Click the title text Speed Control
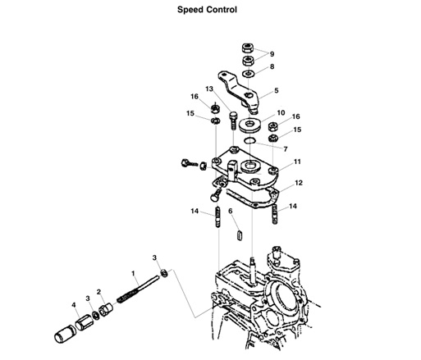click(x=208, y=11)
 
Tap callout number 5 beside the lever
click(x=276, y=90)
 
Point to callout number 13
click(x=208, y=89)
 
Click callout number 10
click(x=281, y=112)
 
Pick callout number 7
click(x=285, y=149)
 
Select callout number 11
click(x=297, y=162)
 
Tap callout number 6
click(x=231, y=211)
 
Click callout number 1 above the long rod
click(x=133, y=271)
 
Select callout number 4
click(x=74, y=305)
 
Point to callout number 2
click(x=98, y=291)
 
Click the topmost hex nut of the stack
click(x=246, y=46)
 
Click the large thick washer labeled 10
click(x=248, y=125)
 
